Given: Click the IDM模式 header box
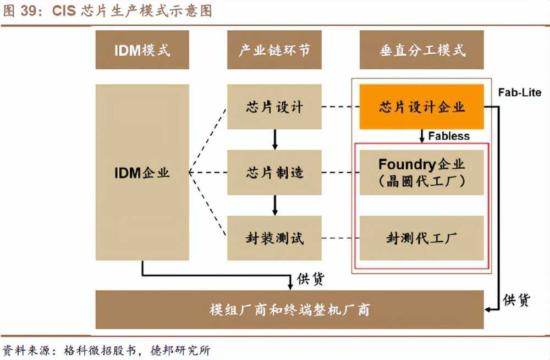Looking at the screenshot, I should click(x=142, y=50).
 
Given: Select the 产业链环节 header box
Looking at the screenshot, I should click(x=274, y=50).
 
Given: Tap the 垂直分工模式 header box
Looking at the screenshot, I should click(x=422, y=50).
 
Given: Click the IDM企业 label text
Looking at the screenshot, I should click(x=142, y=173).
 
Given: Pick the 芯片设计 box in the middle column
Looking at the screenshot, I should click(x=274, y=107).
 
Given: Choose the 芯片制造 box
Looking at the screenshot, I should click(x=274, y=173).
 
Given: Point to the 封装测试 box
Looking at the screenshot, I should click(x=274, y=238).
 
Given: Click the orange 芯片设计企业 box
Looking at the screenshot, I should click(x=422, y=107).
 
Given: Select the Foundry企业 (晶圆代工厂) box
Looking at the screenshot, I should click(x=422, y=172).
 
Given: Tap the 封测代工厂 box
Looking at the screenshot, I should click(x=422, y=238).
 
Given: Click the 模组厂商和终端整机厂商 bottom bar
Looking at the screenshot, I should click(x=290, y=309).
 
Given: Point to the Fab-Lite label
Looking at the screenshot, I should click(x=520, y=92).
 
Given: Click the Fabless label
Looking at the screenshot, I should click(x=449, y=136).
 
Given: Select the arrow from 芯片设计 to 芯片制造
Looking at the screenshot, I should click(x=274, y=140).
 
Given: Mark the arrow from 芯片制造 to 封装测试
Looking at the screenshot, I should click(x=274, y=206).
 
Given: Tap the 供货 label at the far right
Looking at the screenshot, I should click(x=516, y=300).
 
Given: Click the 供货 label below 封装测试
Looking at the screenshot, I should click(x=311, y=279).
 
